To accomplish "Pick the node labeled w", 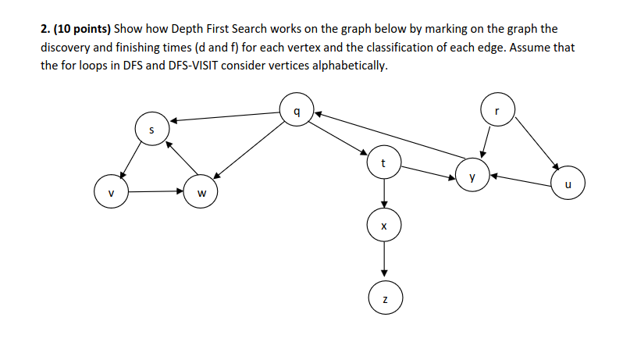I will [x=201, y=192].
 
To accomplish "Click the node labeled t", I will [x=383, y=162].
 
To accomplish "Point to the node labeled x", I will [x=383, y=225].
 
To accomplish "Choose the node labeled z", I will [x=383, y=298].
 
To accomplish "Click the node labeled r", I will [x=497, y=109].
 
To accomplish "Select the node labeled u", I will [x=568, y=184].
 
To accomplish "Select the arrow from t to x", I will [x=383, y=193].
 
